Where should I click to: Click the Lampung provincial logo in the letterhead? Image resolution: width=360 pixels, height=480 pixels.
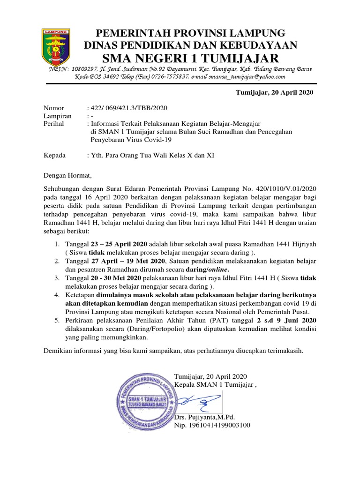point(56,47)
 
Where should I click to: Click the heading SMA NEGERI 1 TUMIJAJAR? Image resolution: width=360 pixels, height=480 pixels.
point(190,58)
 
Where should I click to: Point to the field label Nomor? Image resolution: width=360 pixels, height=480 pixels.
point(54,108)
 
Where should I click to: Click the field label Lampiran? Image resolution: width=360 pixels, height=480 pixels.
point(58,116)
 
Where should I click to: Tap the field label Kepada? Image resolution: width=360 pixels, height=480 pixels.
point(55,155)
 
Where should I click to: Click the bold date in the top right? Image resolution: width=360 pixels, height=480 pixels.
point(274,92)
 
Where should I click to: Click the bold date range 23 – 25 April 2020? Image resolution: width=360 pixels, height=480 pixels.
point(119,245)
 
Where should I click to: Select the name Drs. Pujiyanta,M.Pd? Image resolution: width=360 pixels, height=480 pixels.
point(204,417)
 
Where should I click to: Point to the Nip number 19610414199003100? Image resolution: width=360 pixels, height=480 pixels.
point(212,425)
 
